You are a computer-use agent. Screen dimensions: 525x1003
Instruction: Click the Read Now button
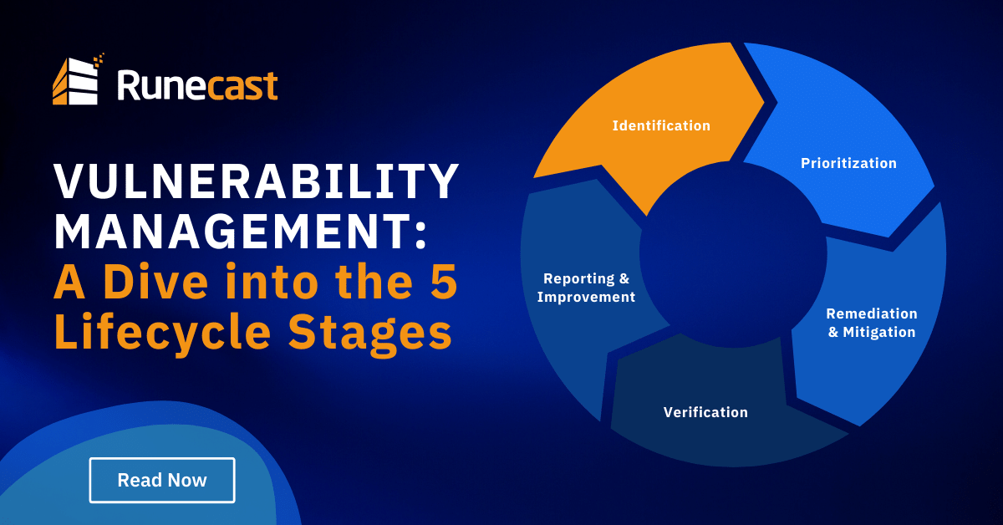point(162,480)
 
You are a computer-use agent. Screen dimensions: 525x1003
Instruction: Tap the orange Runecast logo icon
point(78,81)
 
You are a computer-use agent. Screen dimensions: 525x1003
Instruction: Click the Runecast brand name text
point(197,85)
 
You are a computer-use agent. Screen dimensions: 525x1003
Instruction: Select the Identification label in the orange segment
point(661,126)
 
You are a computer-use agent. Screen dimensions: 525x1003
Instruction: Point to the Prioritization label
point(848,164)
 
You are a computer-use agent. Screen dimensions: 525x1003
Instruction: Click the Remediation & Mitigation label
point(872,323)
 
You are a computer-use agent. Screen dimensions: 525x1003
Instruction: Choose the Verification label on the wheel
point(705,412)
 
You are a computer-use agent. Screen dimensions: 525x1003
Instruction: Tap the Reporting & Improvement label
point(586,288)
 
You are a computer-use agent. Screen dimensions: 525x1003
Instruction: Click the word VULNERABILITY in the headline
point(257,181)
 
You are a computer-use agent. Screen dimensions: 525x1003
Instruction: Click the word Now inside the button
point(186,480)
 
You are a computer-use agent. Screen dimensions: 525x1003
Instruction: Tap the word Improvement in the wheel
point(586,297)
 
